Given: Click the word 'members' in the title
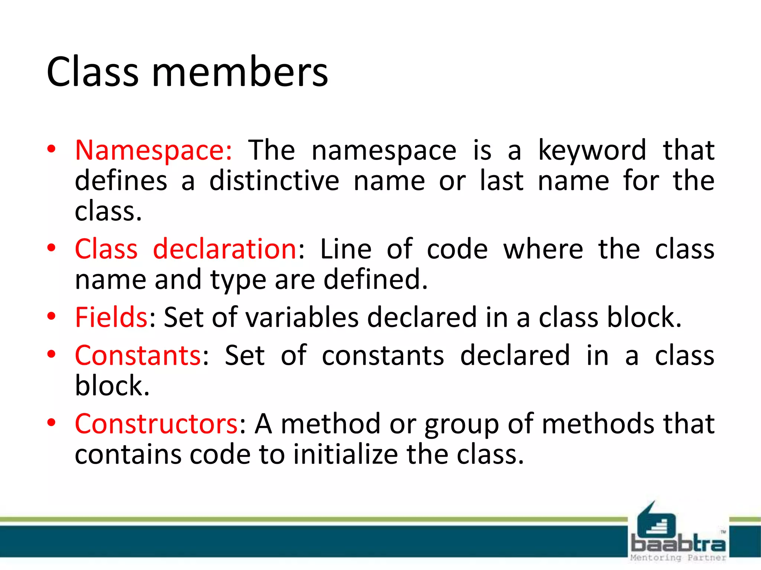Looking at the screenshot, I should [x=240, y=72].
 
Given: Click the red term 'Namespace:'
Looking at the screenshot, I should [x=153, y=150].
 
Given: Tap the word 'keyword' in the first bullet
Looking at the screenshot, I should [x=592, y=150].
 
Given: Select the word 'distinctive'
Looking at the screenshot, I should [x=274, y=181].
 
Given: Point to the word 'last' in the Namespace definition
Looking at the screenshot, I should [x=502, y=181].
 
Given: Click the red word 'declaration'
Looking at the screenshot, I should [x=224, y=249].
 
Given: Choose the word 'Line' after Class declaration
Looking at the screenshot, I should [x=346, y=249].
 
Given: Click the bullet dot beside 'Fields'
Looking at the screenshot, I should [x=51, y=316].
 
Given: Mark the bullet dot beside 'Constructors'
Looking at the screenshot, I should [x=51, y=422].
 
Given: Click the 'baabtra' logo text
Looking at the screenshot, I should [x=678, y=544].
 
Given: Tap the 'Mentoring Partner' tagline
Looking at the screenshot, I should [x=678, y=557].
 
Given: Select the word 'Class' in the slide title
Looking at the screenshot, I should [x=93, y=72].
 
